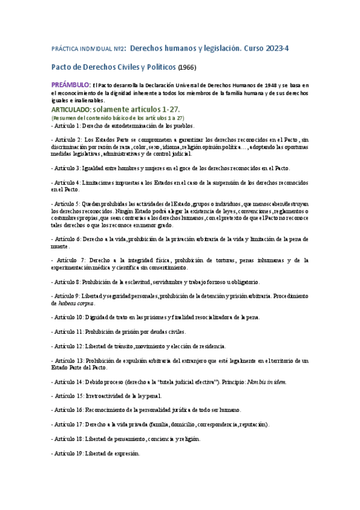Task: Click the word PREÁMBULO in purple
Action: click(70, 85)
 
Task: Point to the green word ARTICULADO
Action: click(71, 110)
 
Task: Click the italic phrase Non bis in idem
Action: click(264, 381)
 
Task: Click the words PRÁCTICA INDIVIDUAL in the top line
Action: click(83, 48)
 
